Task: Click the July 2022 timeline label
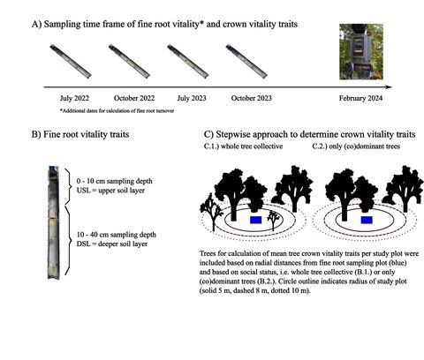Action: tap(74, 98)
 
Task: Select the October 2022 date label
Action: tap(134, 98)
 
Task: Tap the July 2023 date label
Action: tap(192, 98)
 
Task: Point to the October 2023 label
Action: tap(252, 98)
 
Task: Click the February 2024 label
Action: tap(360, 98)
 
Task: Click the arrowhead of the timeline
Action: tap(389, 87)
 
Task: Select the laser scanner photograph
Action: tap(361, 52)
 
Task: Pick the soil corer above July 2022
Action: tap(71, 61)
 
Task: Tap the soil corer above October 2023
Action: tap(246, 61)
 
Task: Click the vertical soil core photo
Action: tap(54, 222)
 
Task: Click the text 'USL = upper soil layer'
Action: tap(110, 191)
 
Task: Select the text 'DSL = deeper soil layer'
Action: tap(112, 244)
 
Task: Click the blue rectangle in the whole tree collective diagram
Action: tap(256, 220)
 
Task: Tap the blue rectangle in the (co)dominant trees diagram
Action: tap(367, 220)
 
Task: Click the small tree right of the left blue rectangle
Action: tap(274, 221)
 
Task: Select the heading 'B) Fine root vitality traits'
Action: tap(80, 134)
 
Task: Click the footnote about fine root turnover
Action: tap(118, 111)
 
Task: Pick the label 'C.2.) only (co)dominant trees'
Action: tap(356, 146)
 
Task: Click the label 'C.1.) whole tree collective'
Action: tap(243, 146)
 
